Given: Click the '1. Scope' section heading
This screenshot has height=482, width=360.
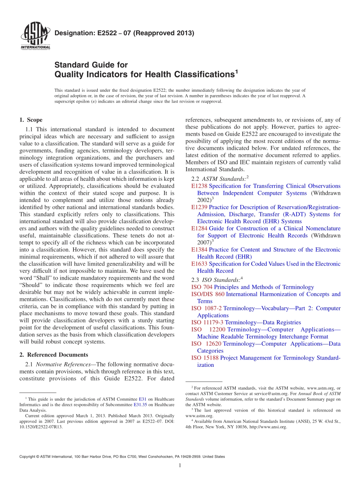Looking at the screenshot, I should coord(31,120).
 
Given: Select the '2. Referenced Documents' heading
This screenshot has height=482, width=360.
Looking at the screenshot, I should coord(53,355).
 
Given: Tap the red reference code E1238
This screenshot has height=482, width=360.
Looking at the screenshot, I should coord(199,186).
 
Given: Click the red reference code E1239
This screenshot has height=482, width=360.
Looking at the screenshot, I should coord(199,207).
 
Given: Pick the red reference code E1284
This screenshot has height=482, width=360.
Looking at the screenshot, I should coord(199,228).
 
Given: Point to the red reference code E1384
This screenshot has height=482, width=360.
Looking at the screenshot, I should coord(199,250).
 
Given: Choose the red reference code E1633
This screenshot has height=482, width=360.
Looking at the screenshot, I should coord(199,264).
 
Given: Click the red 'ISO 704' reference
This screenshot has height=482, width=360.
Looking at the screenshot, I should coord(202,287).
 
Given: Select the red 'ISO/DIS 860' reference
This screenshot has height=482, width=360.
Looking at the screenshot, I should coord(208,294).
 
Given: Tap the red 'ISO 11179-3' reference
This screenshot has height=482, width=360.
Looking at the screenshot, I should coord(208,322).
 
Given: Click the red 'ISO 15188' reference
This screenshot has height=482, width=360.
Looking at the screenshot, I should coord(205,358).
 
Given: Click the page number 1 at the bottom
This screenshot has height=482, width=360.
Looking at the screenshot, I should coord(180,465).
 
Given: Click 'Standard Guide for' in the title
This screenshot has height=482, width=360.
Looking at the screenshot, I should coord(91,65).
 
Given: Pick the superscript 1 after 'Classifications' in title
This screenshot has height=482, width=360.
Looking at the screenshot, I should coord(236,71).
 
